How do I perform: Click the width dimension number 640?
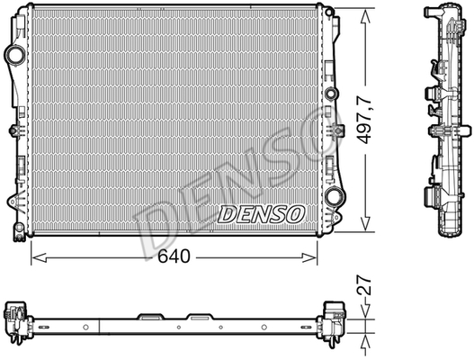coord(174,256)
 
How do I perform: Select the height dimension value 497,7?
coord(364,120)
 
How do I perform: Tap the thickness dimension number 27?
coord(364,284)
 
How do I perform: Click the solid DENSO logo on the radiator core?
coord(261,214)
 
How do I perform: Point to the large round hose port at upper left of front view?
coord(14,55)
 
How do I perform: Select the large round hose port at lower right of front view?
coord(334,197)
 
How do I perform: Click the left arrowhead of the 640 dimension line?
coord(39,257)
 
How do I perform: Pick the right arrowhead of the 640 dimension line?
coord(309,257)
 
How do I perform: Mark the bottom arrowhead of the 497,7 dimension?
coord(366,223)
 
